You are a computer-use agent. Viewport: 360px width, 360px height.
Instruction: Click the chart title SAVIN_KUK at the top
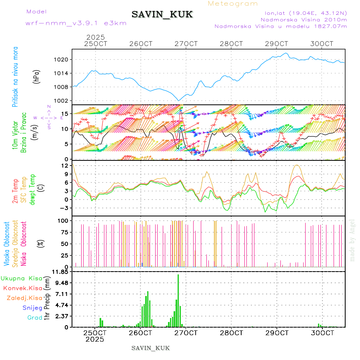pos(162,15)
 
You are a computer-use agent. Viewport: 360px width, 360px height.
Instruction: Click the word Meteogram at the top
pos(233,4)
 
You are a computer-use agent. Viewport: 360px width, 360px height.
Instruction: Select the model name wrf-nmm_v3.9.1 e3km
pos(76,23)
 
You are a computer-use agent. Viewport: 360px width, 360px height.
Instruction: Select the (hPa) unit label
pos(36,76)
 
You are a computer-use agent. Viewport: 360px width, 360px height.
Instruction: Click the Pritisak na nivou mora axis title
pos(16,76)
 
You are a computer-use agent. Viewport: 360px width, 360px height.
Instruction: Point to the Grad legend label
pos(34,318)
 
